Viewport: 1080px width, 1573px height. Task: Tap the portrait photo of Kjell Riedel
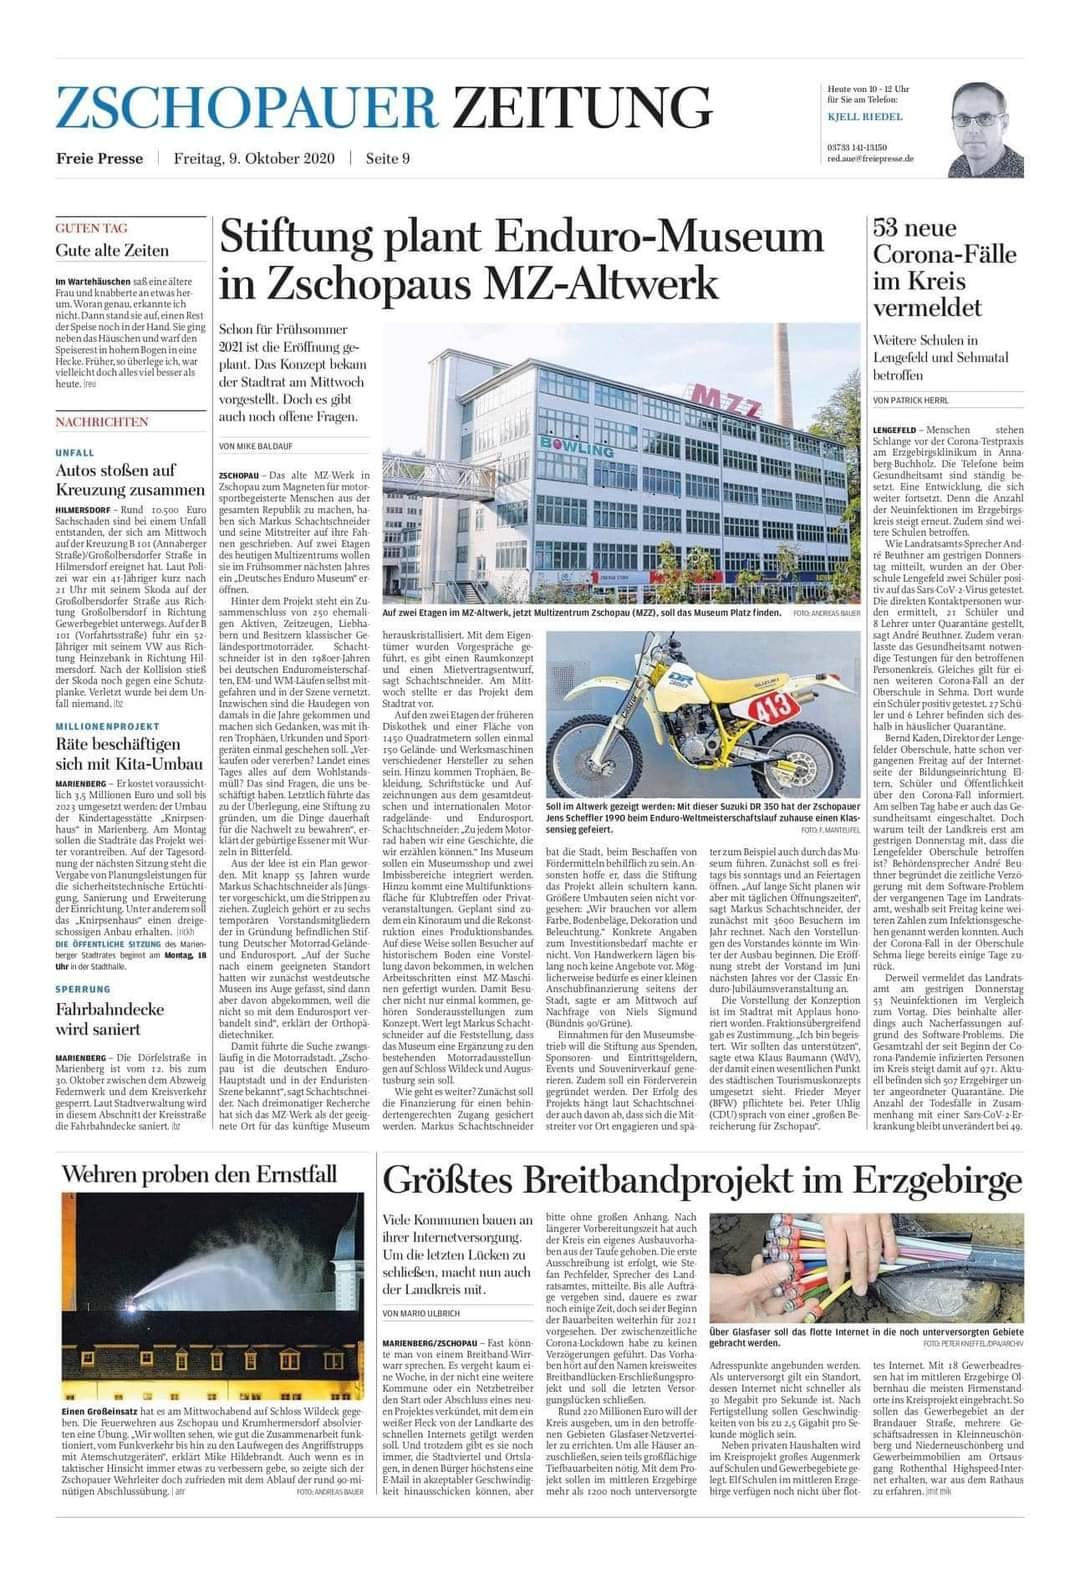986,129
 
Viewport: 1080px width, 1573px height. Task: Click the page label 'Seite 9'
388,159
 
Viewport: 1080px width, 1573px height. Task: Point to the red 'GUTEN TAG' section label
91,228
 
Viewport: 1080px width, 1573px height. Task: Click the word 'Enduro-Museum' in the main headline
659,238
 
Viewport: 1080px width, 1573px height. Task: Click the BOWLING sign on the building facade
577,447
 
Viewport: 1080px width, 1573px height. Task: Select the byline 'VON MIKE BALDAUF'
256,446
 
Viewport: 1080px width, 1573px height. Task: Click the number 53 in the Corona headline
888,229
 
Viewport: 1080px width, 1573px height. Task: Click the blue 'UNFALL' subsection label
75,453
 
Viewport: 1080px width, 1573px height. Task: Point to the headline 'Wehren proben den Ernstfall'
199,1173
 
